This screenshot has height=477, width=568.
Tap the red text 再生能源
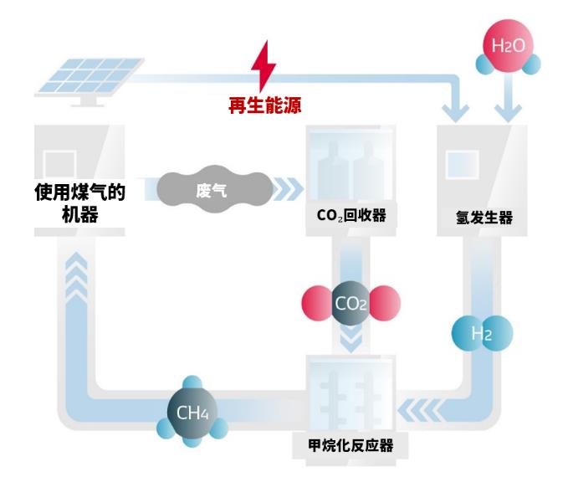click(x=264, y=106)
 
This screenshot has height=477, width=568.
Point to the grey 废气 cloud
click(x=212, y=189)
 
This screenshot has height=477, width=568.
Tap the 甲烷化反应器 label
click(x=351, y=444)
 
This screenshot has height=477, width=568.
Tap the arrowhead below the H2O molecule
click(x=508, y=106)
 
